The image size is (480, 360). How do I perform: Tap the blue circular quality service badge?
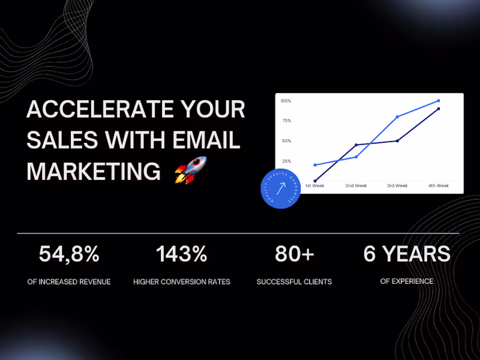point(280,188)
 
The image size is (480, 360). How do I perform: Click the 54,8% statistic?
point(69,254)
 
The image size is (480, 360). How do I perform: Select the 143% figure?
point(181,254)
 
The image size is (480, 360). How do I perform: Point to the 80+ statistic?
point(294,254)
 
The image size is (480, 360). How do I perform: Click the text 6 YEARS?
point(407,254)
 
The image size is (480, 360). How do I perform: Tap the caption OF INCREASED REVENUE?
point(69,281)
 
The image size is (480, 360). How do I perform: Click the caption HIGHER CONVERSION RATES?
point(181,281)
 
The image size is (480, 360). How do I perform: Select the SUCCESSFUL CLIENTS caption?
point(294,281)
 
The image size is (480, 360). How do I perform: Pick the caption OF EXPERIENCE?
point(407,281)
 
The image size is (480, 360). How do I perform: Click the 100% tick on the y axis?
point(286,101)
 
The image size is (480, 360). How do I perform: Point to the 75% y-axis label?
point(286,121)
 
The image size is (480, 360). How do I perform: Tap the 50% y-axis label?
point(286,141)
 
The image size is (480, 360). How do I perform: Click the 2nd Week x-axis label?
point(356,186)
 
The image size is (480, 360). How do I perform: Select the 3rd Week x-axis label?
point(397,186)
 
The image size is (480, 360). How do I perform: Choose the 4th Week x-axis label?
point(439,186)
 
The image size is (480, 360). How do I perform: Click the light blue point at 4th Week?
point(439,101)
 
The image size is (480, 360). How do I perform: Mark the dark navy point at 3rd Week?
point(397,141)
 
